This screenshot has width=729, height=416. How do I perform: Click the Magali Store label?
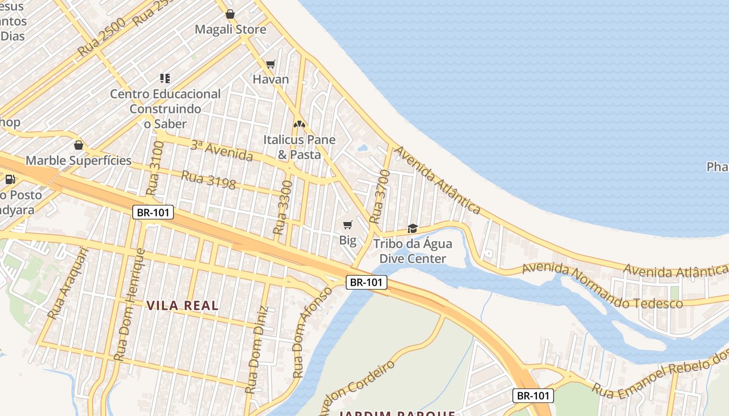(230, 30)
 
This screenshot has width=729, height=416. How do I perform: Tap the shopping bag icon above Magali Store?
(230, 14)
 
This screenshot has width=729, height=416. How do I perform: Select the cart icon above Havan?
(270, 64)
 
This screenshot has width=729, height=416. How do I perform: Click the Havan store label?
(270, 80)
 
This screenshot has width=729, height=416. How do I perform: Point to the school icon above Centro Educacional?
(165, 79)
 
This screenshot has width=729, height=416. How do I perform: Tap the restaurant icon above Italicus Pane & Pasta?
(299, 124)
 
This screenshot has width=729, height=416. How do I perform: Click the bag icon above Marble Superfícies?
(79, 145)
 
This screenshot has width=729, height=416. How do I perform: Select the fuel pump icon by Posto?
(10, 179)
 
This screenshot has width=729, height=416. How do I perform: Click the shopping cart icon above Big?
(347, 225)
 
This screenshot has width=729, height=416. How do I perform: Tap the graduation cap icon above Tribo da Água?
(412, 228)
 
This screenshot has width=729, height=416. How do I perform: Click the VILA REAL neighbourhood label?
(182, 306)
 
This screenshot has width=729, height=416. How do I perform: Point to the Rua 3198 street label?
(208, 180)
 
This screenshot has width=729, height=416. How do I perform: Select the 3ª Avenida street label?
(221, 151)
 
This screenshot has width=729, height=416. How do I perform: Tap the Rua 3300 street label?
(283, 207)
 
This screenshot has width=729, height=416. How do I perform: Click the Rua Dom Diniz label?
(257, 349)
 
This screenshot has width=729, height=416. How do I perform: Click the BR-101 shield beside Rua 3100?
(153, 212)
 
